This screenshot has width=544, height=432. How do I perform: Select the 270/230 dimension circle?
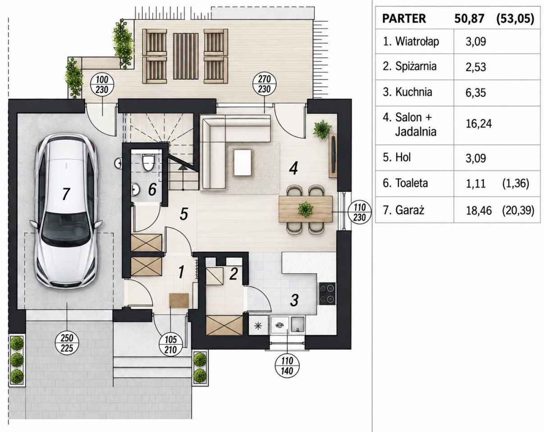pyautogui.click(x=264, y=84)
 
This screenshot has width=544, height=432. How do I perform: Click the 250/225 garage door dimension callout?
pyautogui.click(x=67, y=343)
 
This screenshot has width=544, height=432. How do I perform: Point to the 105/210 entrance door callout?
pyautogui.click(x=171, y=345)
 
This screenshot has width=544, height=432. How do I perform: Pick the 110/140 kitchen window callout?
pyautogui.click(x=287, y=366)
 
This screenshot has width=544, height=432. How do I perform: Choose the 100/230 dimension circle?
pyautogui.click(x=102, y=85)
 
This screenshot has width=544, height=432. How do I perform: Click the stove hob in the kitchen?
pyautogui.click(x=327, y=294)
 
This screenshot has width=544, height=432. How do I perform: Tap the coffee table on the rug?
pyautogui.click(x=243, y=162)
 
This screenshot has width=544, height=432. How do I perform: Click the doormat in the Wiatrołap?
pyautogui.click(x=179, y=301)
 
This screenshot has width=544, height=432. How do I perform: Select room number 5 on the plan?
pyautogui.click(x=184, y=214)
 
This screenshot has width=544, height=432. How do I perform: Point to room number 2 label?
pyautogui.click(x=233, y=274)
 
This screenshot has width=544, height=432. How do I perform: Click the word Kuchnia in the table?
pyautogui.click(x=413, y=92)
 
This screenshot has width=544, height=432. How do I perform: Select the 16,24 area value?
pyautogui.click(x=479, y=124)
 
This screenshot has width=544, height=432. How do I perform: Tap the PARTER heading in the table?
pyautogui.click(x=404, y=19)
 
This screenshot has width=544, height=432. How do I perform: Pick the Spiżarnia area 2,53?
pyautogui.click(x=476, y=67)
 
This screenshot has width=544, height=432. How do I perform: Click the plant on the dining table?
pyautogui.click(x=305, y=209)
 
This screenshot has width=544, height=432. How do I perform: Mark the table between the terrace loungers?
pyautogui.click(x=186, y=56)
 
